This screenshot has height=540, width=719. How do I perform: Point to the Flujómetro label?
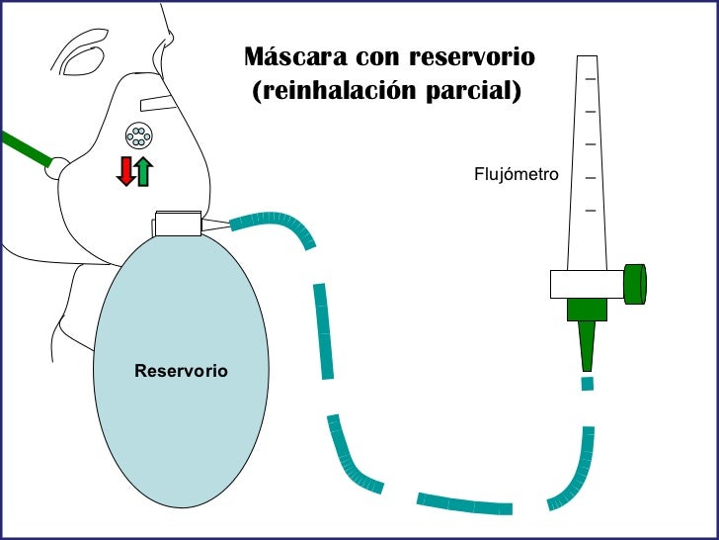pos(517,175)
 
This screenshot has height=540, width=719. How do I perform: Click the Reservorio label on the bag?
pos(181,371)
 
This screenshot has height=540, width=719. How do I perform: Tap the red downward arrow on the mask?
pos(125,170)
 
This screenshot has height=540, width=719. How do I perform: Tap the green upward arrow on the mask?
pos(144,170)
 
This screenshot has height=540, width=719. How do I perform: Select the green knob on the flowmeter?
pos(635,284)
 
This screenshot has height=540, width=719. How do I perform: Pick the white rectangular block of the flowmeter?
pos(587,284)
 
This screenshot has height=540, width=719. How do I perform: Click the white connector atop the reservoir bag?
pos(177,224)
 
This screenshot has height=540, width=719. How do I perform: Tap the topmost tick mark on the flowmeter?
pos(591,78)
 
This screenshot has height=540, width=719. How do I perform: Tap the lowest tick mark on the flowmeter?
pos(591,211)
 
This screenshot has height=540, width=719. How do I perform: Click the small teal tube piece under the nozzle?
pos(588,383)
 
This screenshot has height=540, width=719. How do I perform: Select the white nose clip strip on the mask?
pos(157,102)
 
